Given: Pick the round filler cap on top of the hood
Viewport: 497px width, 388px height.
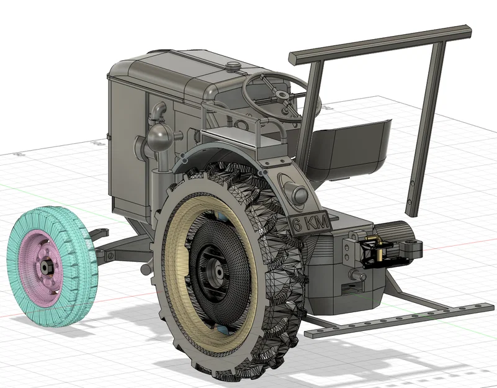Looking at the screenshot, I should point(233,65).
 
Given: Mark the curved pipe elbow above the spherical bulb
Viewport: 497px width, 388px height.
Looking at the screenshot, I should point(159,112).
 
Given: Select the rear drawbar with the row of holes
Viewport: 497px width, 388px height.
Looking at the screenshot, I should point(397,318).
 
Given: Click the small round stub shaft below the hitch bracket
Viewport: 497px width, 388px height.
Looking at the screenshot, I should point(356,274).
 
